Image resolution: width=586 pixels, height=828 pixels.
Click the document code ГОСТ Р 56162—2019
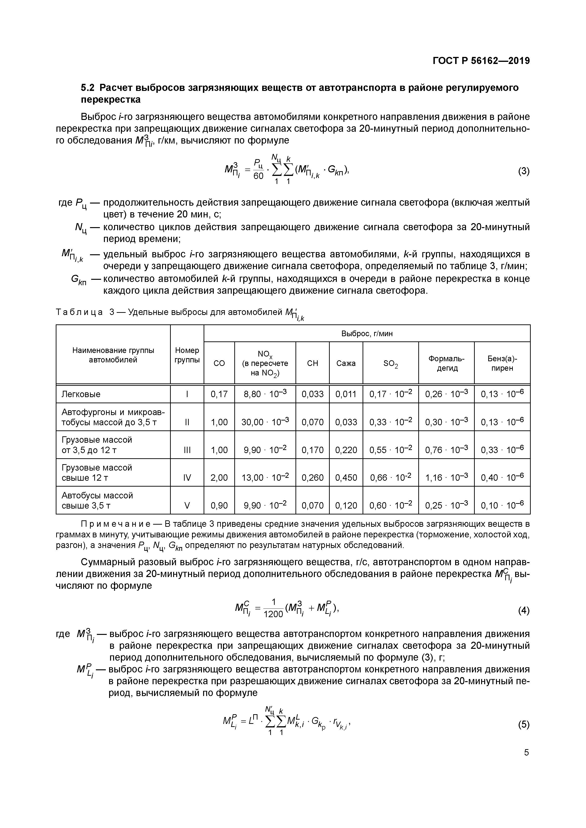pyautogui.click(x=481, y=61)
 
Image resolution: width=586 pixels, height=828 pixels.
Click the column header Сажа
pyautogui.click(x=346, y=363)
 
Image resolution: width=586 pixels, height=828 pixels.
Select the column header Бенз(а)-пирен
pyautogui.click(x=502, y=363)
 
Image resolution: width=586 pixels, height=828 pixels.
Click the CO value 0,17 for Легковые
pyautogui.click(x=219, y=394)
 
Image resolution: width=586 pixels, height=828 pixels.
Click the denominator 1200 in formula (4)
pyautogui.click(x=273, y=614)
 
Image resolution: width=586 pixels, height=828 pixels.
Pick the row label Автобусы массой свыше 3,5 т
pyautogui.click(x=97, y=500)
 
